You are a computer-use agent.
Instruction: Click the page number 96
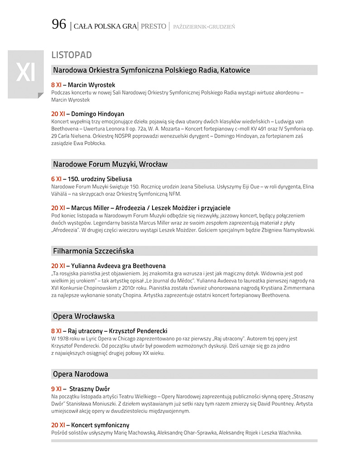[x=59, y=24]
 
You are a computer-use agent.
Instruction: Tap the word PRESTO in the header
[x=153, y=26]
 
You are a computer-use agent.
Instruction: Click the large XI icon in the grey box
[x=26, y=73]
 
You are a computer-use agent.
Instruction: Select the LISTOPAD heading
[x=71, y=55]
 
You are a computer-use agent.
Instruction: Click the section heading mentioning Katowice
[x=151, y=70]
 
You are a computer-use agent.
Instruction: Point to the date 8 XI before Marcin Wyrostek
[x=56, y=85]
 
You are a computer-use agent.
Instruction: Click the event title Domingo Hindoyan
[x=98, y=114]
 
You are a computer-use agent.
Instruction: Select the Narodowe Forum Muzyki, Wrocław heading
[x=110, y=164]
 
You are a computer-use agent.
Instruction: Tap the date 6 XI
[x=56, y=179]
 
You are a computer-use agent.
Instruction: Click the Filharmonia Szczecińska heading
[x=93, y=251]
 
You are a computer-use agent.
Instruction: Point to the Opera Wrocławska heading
[x=84, y=316]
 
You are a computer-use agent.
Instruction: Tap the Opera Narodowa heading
[x=81, y=374]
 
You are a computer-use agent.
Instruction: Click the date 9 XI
[x=56, y=389]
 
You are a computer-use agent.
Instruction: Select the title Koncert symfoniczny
[x=100, y=425]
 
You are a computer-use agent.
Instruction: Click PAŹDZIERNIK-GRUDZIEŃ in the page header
[x=204, y=27]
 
